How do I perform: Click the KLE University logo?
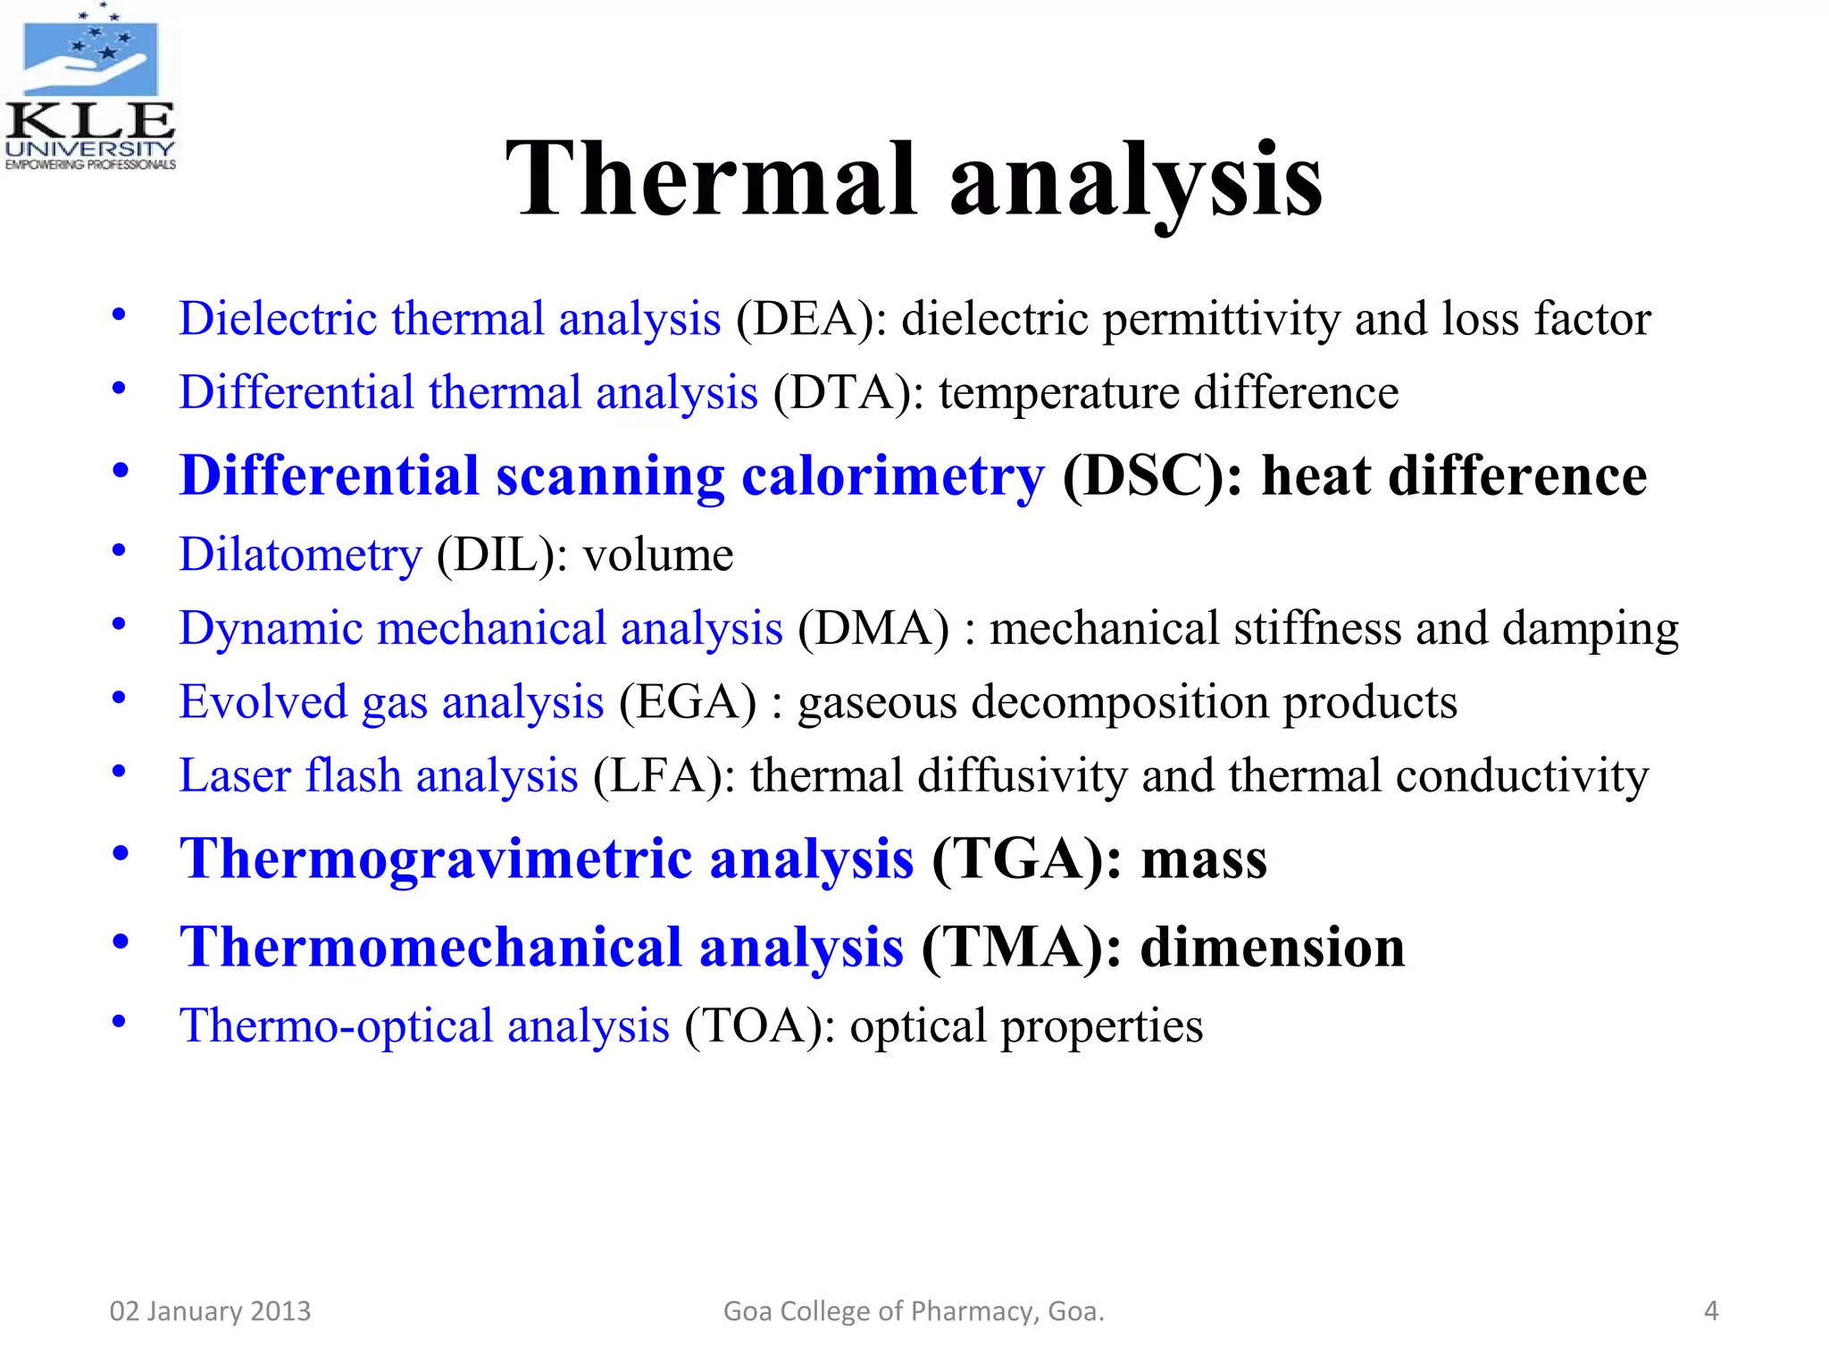89,88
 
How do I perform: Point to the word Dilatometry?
300,556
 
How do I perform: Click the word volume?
658,556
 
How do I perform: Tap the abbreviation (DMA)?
873,629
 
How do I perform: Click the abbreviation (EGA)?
688,702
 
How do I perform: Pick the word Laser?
235,775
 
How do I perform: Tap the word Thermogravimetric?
436,859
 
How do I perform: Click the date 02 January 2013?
210,1311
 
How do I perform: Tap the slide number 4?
1710,1311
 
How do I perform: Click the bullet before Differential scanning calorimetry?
120,471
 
